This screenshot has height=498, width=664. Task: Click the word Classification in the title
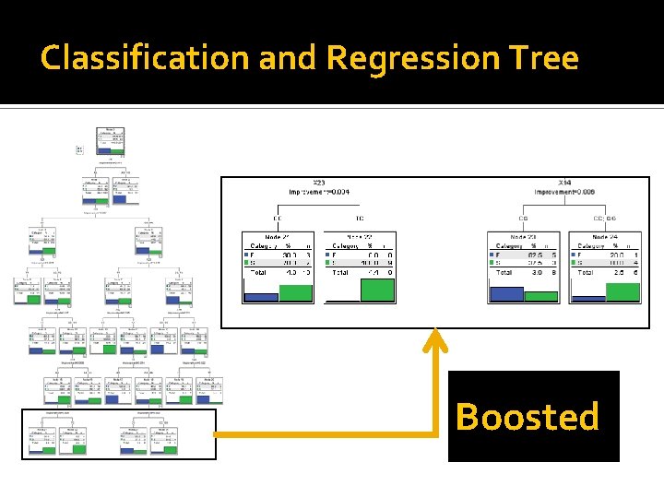coord(146,59)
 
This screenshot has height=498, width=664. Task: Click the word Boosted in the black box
coord(528,417)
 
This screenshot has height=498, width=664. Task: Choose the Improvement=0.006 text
coord(569,193)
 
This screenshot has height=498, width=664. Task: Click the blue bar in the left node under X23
coord(260,297)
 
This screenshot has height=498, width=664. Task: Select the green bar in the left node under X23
coord(296,292)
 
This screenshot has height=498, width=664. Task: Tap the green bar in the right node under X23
coord(377,290)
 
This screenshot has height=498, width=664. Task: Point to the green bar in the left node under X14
coord(541,296)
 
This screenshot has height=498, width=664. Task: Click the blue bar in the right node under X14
coord(587,299)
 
